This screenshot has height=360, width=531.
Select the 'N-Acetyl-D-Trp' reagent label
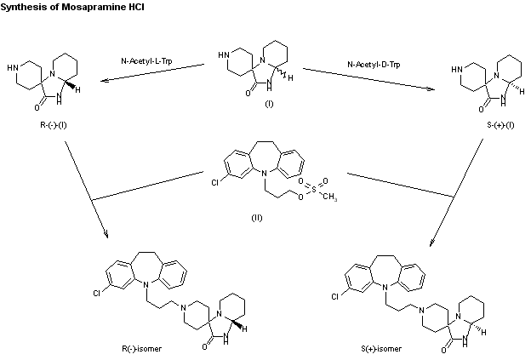[x=374, y=64]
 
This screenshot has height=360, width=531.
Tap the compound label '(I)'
[x=268, y=103]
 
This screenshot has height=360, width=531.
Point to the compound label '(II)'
[x=255, y=218]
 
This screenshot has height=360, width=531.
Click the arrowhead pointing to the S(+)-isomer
[x=434, y=243]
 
